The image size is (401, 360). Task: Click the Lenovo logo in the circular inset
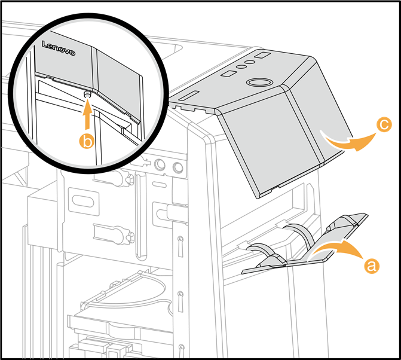(58, 49)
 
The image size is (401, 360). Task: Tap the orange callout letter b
(88, 141)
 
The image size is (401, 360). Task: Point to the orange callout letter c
(384, 124)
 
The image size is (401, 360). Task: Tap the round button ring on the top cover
(260, 81)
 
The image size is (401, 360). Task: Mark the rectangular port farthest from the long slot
(262, 56)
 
